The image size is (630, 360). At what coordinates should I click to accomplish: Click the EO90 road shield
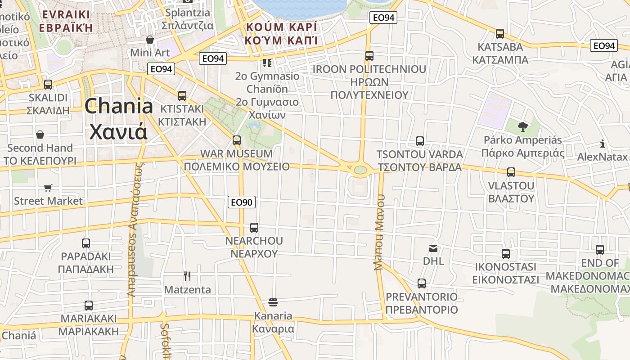[242, 202]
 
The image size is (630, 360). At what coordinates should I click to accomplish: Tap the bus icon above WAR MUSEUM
[237, 140]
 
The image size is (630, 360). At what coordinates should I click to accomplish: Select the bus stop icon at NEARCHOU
[254, 228]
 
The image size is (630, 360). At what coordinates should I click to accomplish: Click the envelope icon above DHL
[433, 248]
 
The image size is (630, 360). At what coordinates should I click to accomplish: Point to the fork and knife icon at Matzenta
[187, 276]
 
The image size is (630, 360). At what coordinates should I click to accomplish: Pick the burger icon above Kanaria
[273, 301]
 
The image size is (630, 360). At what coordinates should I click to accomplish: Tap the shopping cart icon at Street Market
[48, 188]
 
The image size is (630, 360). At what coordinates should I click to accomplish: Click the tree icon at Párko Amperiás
[522, 127]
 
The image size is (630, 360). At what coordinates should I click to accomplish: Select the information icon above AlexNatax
[603, 144]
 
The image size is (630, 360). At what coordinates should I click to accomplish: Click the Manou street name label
[379, 232]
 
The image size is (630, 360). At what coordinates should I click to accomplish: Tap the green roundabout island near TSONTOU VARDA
[360, 170]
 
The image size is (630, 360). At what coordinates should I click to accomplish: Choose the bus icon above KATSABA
[499, 34]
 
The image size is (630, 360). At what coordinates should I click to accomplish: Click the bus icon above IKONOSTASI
[506, 254]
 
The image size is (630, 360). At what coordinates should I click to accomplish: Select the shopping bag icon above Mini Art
[150, 40]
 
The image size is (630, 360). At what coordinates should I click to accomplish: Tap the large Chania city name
[119, 118]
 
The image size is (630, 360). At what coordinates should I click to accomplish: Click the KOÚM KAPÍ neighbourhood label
[281, 33]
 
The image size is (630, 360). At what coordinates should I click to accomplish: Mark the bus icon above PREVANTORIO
[421, 283]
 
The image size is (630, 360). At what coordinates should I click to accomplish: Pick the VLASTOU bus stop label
[511, 192]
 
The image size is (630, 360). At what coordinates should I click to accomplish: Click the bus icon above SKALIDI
[48, 85]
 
